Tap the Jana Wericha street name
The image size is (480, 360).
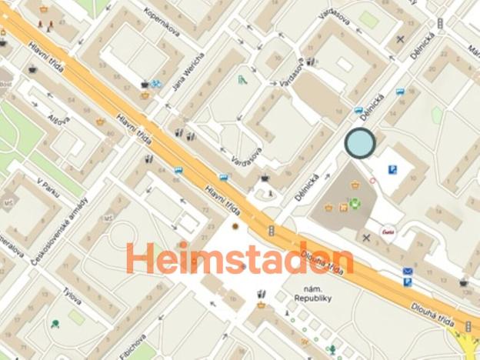click(190, 72)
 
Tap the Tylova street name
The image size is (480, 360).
click(73, 297)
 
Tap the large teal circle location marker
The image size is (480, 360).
click(359, 143)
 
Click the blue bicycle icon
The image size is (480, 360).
click(157, 84)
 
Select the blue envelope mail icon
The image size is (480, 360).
click(407, 272)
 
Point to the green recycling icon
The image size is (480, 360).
click(355, 204)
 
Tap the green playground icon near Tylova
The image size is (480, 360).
click(55, 324)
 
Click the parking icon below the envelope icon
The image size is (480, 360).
click(407, 282)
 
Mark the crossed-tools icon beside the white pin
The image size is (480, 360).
click(366, 236)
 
